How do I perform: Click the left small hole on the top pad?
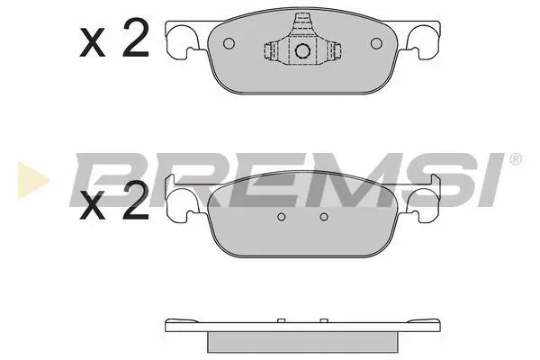(229, 43)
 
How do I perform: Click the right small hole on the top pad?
(376, 43)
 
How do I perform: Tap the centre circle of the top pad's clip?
(302, 51)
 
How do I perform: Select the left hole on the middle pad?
(282, 217)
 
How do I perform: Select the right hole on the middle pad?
(324, 217)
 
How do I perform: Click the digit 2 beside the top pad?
(136, 38)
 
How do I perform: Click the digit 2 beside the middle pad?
(136, 200)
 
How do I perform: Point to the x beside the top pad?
(93, 42)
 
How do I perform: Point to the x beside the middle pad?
(93, 205)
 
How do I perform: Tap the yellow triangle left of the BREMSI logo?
(31, 181)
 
